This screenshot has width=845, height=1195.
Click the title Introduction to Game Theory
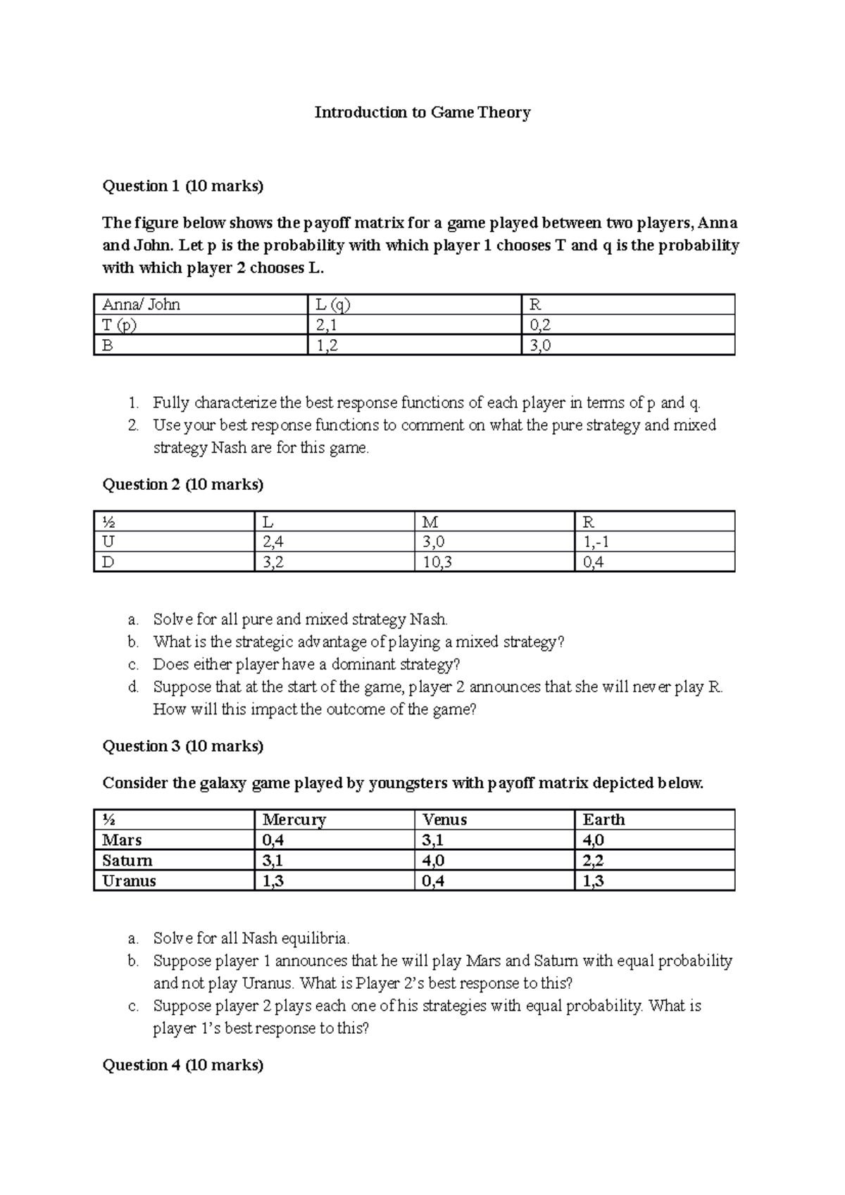tap(422, 113)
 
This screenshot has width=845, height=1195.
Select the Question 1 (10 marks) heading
tap(183, 186)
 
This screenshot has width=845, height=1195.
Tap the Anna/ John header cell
tap(142, 305)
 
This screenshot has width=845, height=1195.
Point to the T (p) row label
tap(119, 325)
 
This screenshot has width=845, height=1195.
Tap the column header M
tap(429, 522)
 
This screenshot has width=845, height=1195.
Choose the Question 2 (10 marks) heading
tap(183, 485)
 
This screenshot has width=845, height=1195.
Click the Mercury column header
tap(294, 820)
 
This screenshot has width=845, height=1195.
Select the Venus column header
tap(444, 820)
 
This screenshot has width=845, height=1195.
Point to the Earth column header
tap(603, 820)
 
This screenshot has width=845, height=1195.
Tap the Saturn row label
tap(127, 861)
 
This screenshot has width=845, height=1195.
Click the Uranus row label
tap(129, 881)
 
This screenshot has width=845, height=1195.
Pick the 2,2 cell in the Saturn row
tap(593, 861)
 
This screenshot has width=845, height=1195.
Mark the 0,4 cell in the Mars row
tap(273, 840)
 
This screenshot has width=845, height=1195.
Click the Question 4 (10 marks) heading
tap(183, 1066)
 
